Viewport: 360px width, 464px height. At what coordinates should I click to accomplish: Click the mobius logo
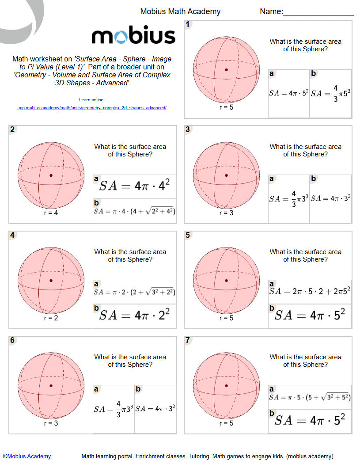133,36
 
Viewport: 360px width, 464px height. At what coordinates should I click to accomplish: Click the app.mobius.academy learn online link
92,107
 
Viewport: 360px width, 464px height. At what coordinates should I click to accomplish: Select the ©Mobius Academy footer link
27,456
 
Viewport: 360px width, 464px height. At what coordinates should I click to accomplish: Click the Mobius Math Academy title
180,11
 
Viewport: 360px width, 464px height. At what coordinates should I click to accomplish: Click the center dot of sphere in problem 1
226,70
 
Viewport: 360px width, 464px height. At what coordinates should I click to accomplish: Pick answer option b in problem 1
330,94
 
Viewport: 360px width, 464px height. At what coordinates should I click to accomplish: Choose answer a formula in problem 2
134,186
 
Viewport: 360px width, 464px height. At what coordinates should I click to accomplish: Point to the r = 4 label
51,213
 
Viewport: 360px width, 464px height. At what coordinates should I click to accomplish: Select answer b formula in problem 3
330,198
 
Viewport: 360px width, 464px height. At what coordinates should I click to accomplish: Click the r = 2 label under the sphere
51,318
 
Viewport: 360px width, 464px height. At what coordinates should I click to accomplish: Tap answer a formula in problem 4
134,292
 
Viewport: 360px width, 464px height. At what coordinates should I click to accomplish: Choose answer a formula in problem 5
310,291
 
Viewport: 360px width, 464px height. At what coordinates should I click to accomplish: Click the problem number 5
188,235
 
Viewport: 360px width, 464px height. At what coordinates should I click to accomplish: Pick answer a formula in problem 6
114,409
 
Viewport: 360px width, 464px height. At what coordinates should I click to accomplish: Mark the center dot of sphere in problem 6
51,386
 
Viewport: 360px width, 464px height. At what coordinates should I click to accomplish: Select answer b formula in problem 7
310,420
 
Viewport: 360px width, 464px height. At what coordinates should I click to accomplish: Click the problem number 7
188,340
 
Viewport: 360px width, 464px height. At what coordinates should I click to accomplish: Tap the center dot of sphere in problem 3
226,175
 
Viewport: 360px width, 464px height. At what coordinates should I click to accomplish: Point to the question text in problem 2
130,150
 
